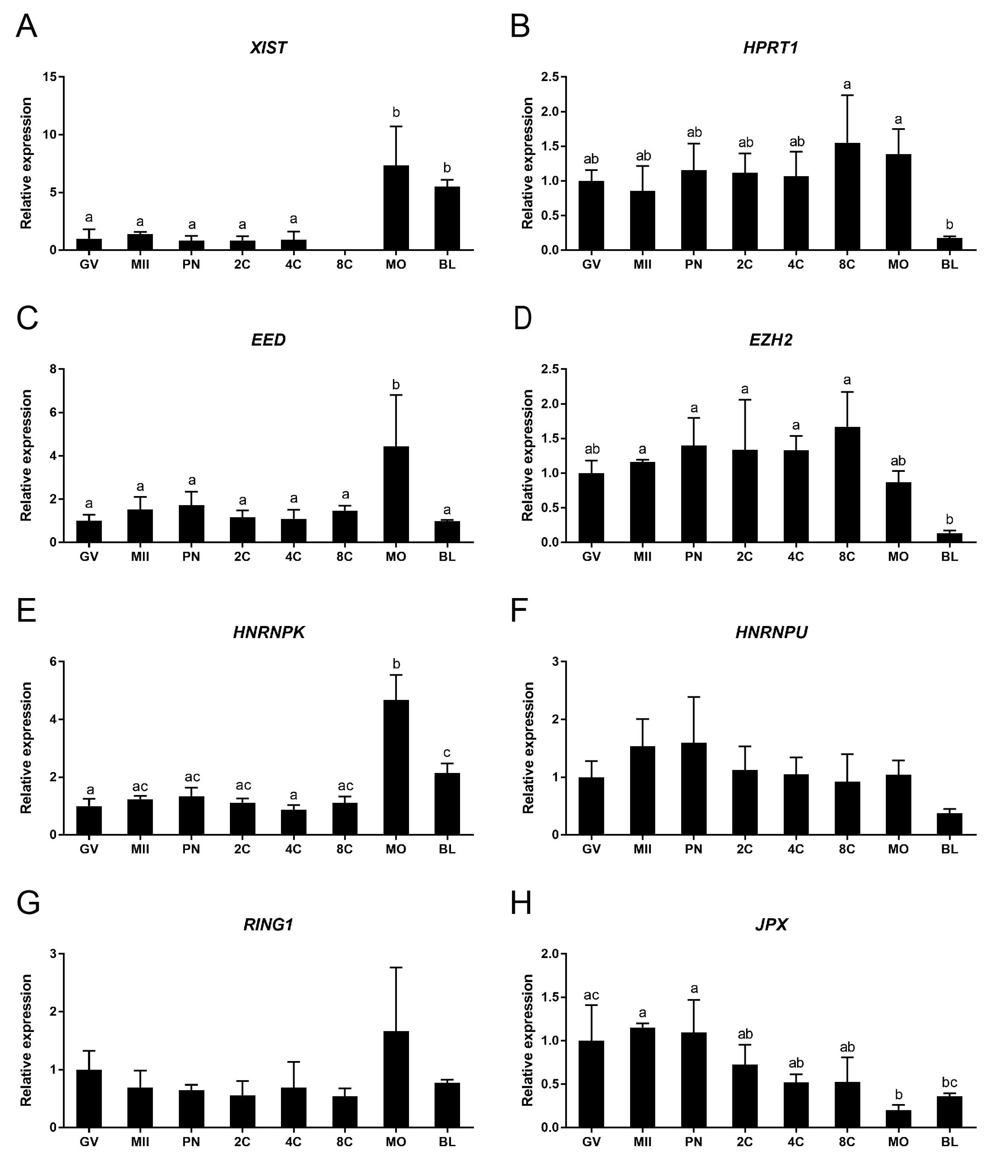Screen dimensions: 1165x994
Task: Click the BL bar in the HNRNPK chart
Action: [447, 804]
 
